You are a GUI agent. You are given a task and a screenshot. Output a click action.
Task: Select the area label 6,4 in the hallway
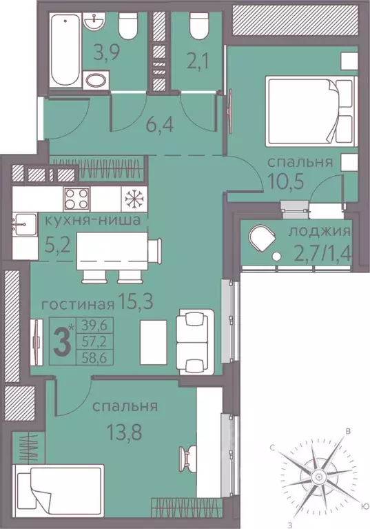coord(160,125)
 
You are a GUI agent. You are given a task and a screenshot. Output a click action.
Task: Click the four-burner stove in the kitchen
coord(76,199)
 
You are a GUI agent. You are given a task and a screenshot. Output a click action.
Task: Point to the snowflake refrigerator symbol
coord(134,199)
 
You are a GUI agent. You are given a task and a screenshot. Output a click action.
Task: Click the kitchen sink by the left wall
coord(24,224)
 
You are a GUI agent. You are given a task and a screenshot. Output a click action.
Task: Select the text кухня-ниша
coord(92,221)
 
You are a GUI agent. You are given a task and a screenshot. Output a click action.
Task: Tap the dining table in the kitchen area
coord(112,250)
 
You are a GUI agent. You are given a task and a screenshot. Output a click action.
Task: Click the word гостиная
coord(77,306)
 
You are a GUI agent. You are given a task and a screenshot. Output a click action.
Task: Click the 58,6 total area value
coord(94,358)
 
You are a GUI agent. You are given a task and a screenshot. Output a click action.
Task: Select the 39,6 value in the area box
coord(94,326)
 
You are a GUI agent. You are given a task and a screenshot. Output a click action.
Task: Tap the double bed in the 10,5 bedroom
coord(311,111)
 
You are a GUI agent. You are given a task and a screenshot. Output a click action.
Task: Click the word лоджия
coord(320,232)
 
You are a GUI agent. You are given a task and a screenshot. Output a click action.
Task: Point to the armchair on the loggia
coord(262,239)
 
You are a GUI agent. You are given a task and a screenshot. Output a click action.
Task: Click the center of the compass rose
coord(318,477)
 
